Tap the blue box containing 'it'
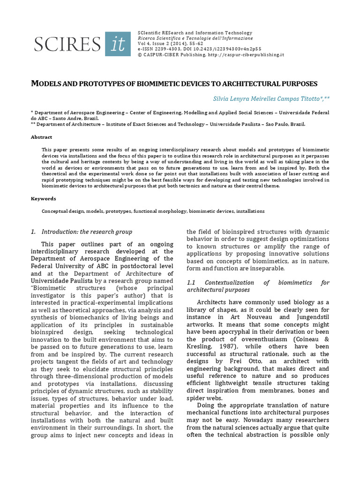click(118, 44)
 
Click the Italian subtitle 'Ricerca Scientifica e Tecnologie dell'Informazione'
click(195, 38)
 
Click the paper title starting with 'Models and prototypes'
click(174, 83)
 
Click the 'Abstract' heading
click(42, 137)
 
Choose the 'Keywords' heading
click(44, 198)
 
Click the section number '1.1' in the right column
click(191, 283)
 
